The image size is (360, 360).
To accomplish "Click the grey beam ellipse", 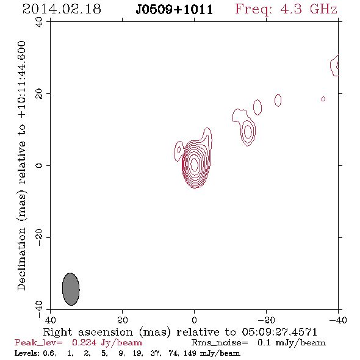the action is tap(71, 289).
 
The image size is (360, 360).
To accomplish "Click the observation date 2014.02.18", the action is tap(62, 9).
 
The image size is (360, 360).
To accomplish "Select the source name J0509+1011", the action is tap(175, 10).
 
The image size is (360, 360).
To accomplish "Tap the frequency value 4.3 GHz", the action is tap(309, 9).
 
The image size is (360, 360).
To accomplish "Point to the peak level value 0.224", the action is tap(84, 342).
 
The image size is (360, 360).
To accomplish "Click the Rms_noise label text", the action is tap(220, 343).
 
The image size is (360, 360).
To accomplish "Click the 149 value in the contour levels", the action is tap(190, 353).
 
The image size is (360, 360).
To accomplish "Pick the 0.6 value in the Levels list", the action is tap(49, 353).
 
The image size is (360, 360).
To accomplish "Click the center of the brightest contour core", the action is tap(195, 165).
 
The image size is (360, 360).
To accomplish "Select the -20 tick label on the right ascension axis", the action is tap(266, 320).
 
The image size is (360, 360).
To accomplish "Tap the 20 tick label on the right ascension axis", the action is tap(123, 320).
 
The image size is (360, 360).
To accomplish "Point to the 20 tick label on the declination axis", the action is tap(39, 94).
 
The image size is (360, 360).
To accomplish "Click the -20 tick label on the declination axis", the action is tap(39, 237).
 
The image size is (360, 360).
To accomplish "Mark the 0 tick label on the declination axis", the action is tap(39, 165).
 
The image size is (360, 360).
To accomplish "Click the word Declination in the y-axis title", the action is tap(21, 259).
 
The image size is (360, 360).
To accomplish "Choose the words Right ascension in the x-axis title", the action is tap(88, 332).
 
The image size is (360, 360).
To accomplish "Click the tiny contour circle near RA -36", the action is tap(323, 99).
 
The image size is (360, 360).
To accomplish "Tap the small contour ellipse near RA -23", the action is tap(278, 100).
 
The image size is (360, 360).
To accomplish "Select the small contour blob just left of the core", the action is tap(178, 151).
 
